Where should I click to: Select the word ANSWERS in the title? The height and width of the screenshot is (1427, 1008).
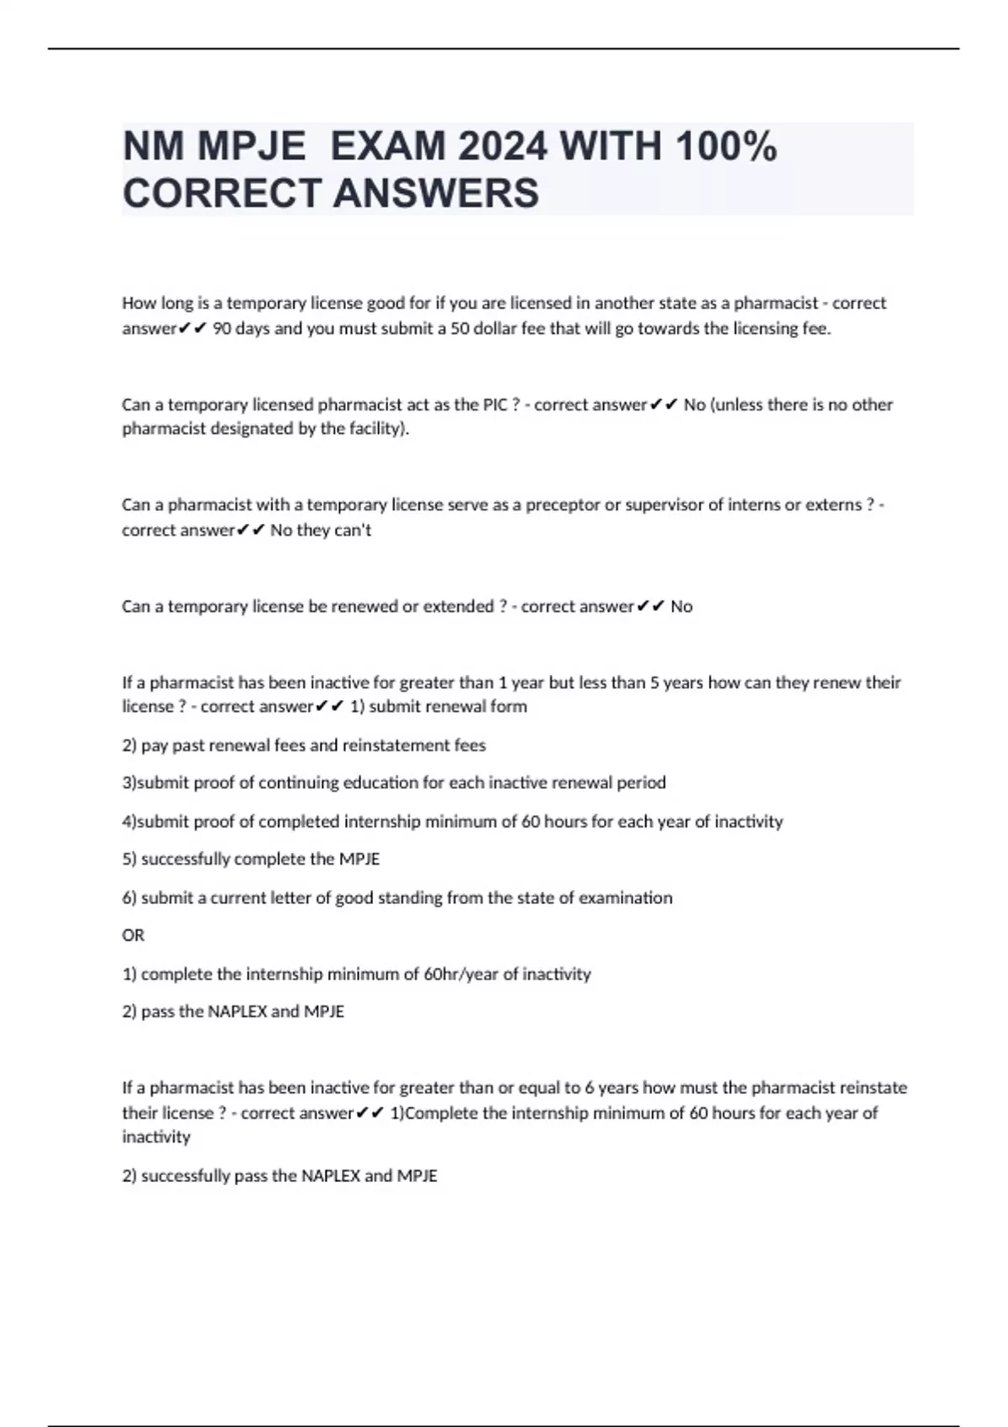[x=436, y=193]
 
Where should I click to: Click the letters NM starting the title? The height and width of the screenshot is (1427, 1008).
[x=154, y=147]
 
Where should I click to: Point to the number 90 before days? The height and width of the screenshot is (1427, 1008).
[x=222, y=328]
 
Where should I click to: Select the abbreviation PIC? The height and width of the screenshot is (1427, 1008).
[x=495, y=405]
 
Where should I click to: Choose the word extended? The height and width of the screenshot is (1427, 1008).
[x=459, y=606]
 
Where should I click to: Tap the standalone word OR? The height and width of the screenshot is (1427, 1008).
[x=133, y=935]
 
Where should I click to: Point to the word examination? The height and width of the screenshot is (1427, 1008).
[x=622, y=897]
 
